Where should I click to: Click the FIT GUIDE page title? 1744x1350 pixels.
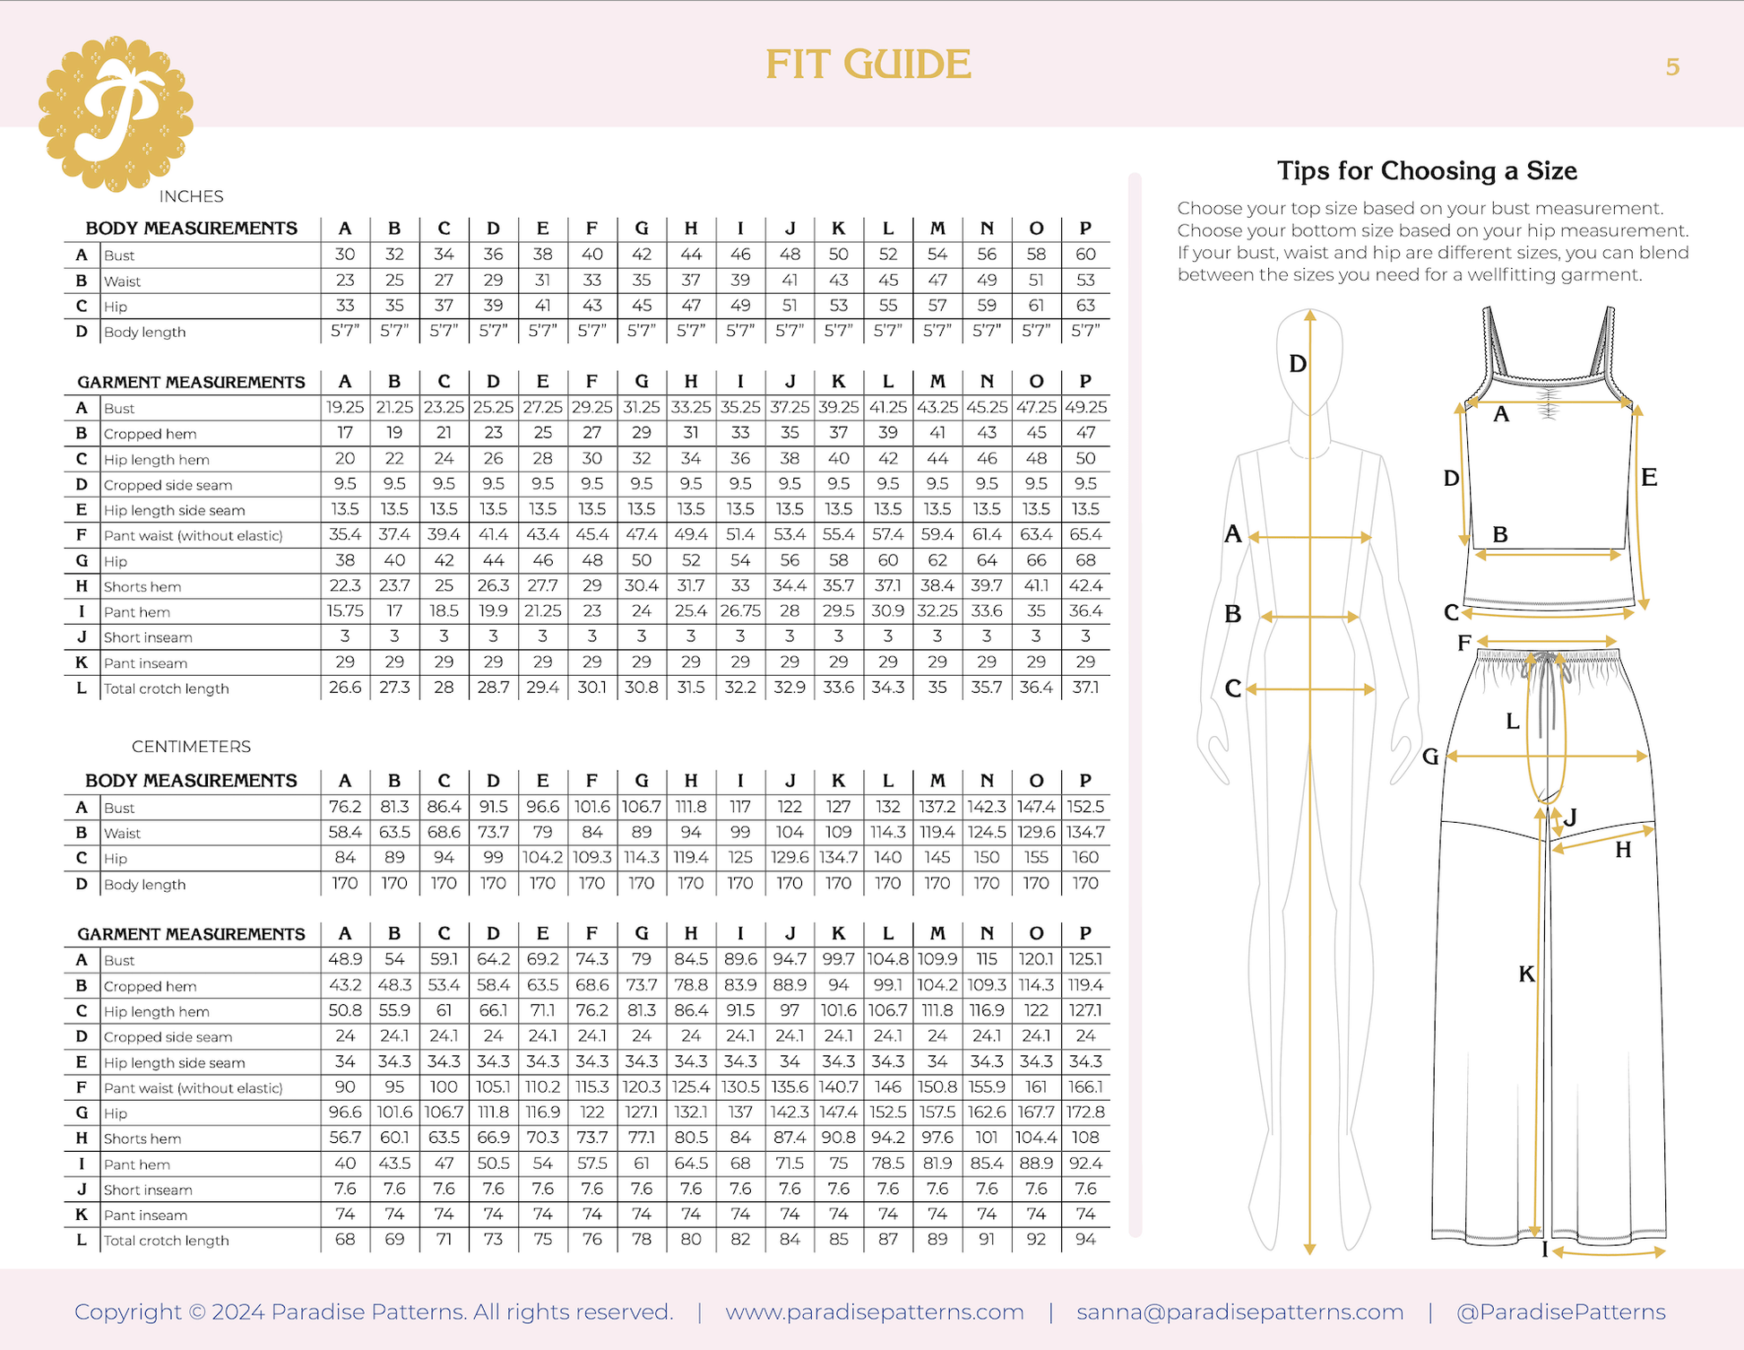[868, 65]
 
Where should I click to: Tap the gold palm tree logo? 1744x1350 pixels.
[116, 114]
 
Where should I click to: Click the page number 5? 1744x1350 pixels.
[1672, 67]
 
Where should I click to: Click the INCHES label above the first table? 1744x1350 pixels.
[191, 196]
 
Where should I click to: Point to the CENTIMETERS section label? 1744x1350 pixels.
[191, 747]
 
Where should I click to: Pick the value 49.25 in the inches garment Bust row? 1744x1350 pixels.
[1085, 408]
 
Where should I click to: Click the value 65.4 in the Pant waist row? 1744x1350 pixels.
[1085, 535]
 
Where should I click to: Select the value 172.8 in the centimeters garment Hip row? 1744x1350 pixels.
[1085, 1112]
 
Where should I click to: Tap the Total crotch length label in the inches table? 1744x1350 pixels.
[166, 688]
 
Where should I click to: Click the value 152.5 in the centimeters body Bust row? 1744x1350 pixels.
[1085, 807]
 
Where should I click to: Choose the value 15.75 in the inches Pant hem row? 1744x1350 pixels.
[344, 611]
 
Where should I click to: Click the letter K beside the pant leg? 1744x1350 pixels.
[1526, 974]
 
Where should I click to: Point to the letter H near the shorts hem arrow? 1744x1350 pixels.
[1623, 851]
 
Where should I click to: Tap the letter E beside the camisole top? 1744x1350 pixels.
[1649, 478]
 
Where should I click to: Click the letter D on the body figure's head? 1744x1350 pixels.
[1297, 364]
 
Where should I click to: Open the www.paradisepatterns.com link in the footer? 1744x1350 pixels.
[874, 1312]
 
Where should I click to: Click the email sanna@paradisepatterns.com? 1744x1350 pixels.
[1239, 1312]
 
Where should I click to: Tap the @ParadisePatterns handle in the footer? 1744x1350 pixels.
[1560, 1312]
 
